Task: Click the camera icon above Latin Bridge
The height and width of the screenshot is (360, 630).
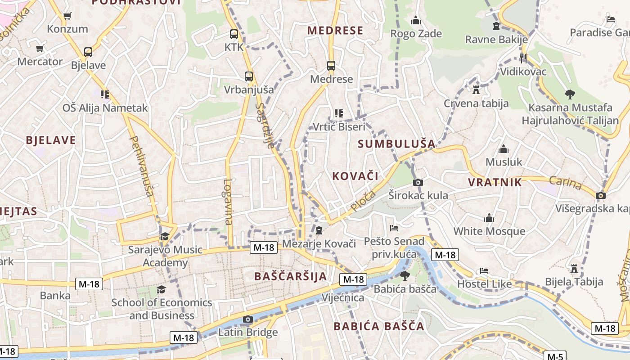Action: (247, 319)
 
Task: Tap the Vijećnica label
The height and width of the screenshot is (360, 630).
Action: (343, 297)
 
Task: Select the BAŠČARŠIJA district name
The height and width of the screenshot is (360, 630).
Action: (291, 276)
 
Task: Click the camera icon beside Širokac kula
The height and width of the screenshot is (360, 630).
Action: (418, 182)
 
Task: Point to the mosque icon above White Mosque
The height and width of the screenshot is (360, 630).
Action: (489, 219)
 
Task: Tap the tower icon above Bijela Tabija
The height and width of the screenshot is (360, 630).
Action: (574, 269)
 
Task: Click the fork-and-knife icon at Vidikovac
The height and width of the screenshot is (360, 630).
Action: (523, 58)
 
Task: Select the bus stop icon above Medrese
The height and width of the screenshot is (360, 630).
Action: (331, 66)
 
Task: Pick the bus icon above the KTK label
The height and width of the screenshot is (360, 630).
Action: (234, 34)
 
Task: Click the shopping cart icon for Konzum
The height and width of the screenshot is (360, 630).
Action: (67, 16)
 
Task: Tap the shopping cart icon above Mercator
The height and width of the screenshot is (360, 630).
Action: (40, 48)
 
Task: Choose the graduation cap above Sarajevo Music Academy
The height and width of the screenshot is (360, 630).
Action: (165, 236)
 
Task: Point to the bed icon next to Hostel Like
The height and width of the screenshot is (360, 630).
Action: (484, 271)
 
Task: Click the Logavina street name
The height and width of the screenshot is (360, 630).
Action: (228, 202)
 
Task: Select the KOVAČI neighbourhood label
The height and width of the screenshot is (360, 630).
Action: (355, 176)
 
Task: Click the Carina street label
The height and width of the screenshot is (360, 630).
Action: (566, 183)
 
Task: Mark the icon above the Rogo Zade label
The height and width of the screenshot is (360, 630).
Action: (416, 21)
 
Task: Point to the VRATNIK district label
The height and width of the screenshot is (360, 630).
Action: (495, 182)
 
